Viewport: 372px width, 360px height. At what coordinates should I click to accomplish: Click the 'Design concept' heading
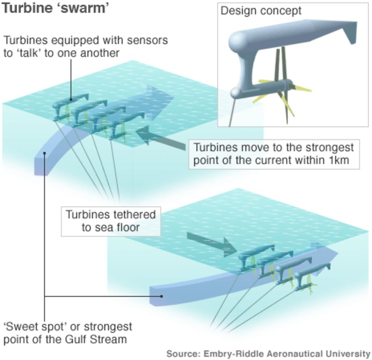[261, 11]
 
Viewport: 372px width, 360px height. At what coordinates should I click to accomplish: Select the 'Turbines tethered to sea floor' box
[111, 221]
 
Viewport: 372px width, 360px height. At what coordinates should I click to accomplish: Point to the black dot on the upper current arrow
[45, 153]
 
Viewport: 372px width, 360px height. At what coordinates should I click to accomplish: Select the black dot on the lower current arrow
[162, 296]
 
